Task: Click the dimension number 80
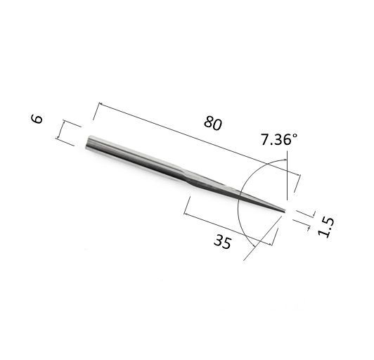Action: [x=213, y=123]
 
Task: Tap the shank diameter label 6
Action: [x=37, y=119]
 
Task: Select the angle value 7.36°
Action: [x=279, y=139]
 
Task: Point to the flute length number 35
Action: [x=223, y=241]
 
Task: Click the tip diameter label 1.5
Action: [x=326, y=227]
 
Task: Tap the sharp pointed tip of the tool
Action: [x=285, y=211]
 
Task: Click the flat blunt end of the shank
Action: [x=88, y=143]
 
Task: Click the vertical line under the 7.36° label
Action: [x=288, y=176]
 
